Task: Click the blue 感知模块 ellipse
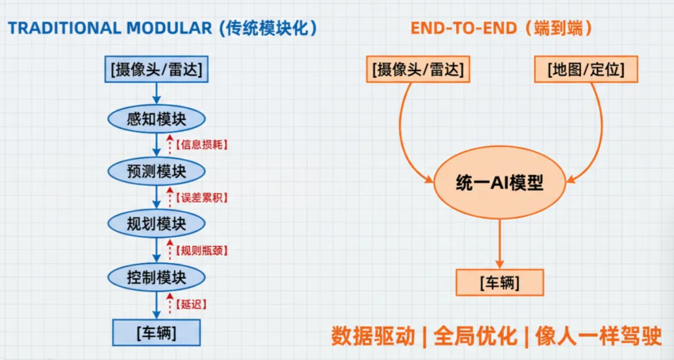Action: coord(157,119)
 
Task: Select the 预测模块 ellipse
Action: coord(157,170)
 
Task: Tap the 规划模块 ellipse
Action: coord(157,223)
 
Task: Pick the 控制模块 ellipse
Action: coord(157,276)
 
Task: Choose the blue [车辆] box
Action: coord(157,333)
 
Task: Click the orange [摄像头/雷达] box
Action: coord(418,70)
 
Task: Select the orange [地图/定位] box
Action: coord(586,70)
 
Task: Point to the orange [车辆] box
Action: coord(499,283)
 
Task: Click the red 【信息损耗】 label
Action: coord(201,145)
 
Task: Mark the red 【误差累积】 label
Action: coord(201,198)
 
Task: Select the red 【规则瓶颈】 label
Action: coord(201,251)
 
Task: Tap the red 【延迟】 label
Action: coord(191,304)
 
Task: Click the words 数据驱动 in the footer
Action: coord(373,336)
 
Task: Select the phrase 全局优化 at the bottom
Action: coord(476,336)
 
